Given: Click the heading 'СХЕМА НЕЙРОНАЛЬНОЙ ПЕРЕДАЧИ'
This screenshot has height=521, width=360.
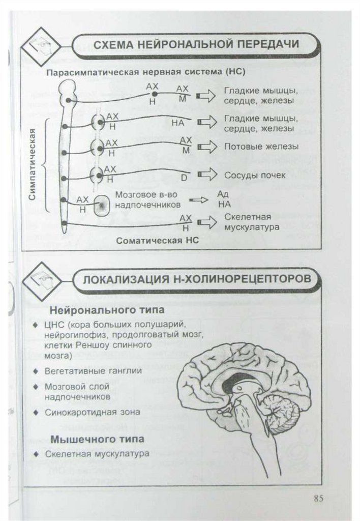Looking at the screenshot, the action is (x=197, y=44).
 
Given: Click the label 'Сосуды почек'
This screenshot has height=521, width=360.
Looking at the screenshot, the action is (x=255, y=175).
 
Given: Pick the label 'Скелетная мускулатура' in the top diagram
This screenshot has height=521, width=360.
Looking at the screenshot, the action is (x=251, y=222).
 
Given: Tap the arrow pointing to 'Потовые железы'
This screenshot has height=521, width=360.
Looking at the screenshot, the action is (x=206, y=147).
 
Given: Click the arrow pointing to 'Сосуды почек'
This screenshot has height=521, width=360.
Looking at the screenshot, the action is (x=206, y=176).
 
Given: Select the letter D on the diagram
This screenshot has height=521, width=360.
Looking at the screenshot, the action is (x=184, y=178).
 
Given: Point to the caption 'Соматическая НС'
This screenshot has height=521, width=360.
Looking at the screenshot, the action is (x=157, y=241).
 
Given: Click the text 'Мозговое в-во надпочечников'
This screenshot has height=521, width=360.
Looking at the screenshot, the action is (x=147, y=199).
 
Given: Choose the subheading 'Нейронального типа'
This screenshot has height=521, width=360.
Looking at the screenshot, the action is (x=100, y=309).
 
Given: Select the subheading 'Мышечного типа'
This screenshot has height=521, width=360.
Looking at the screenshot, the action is (x=98, y=438).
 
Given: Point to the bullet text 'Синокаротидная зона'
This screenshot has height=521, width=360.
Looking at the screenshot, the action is (x=92, y=412).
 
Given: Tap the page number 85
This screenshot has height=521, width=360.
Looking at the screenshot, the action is (x=319, y=498).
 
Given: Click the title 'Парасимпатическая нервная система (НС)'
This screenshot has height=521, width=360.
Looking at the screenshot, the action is (x=146, y=72).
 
